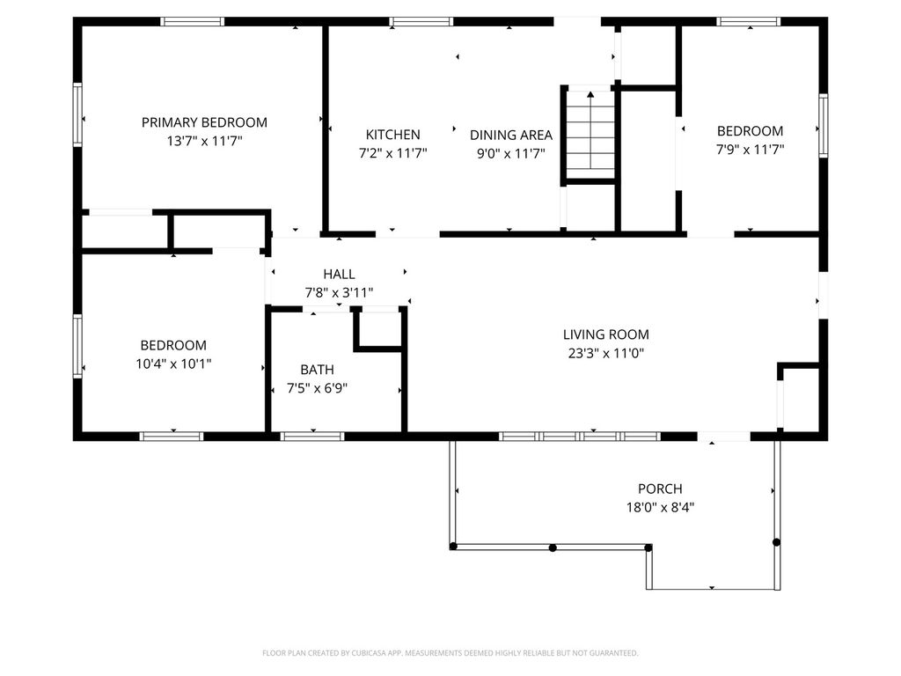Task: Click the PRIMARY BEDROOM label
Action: click(x=204, y=122)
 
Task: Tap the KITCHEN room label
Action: click(x=393, y=135)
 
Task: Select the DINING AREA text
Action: click(x=511, y=135)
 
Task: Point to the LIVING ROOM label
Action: click(x=605, y=334)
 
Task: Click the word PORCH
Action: click(x=660, y=489)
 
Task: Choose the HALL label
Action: click(x=339, y=275)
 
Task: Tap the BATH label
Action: click(x=317, y=370)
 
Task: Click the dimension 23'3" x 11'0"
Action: click(x=605, y=353)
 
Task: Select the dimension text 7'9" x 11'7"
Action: click(x=750, y=150)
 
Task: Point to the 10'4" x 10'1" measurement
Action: click(x=173, y=364)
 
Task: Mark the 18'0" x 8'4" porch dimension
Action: click(x=660, y=508)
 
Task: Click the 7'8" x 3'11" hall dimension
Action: click(x=339, y=292)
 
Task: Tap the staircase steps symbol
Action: click(x=590, y=132)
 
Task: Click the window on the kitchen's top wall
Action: click(x=421, y=22)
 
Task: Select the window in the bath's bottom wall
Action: click(x=312, y=437)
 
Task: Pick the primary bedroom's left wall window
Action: click(x=77, y=114)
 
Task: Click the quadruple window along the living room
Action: click(x=580, y=437)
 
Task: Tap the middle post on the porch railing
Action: click(x=553, y=547)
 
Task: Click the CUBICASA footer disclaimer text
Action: click(x=450, y=653)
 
